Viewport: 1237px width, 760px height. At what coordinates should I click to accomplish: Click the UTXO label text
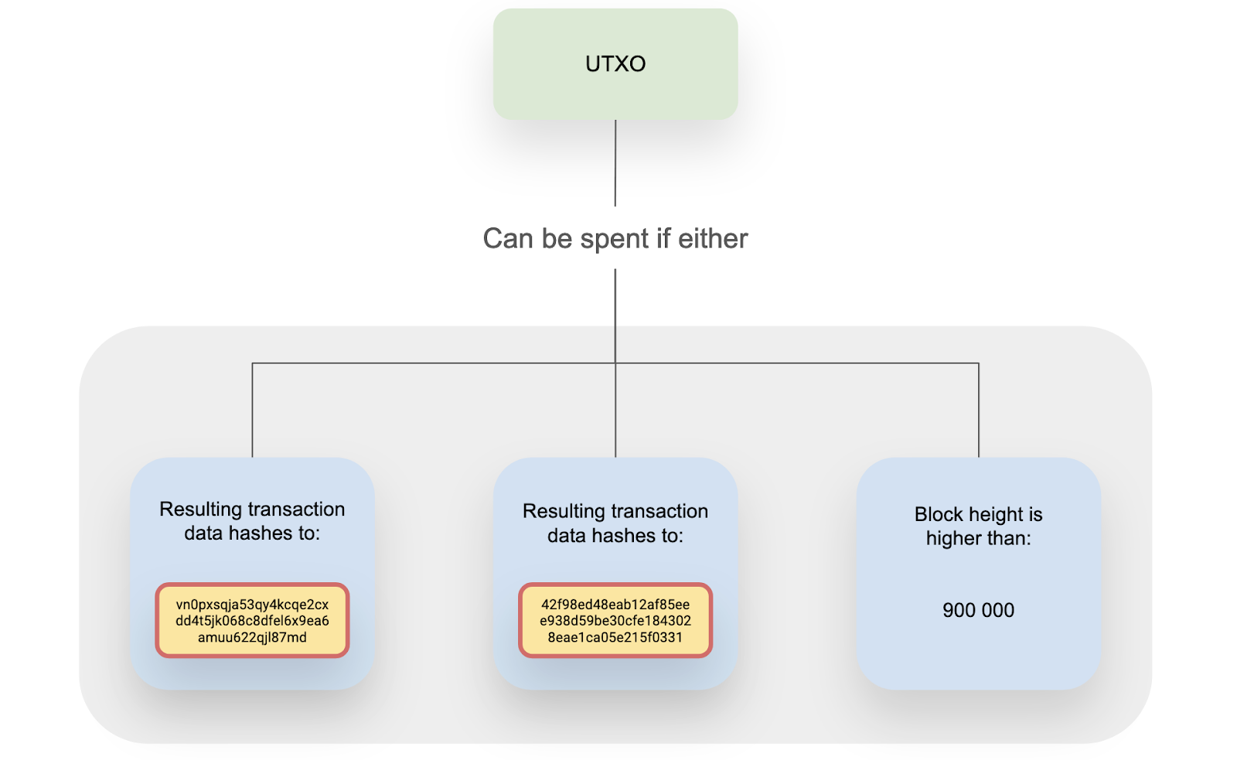(615, 64)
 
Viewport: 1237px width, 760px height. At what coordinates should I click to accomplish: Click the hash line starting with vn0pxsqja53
(252, 605)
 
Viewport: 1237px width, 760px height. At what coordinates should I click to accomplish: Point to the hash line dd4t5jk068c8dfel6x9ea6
(252, 621)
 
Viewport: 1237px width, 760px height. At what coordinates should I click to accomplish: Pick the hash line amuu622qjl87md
(252, 637)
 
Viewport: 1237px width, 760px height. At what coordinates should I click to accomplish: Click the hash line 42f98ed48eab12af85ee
(615, 605)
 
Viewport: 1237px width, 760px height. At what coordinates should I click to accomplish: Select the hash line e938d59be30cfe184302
(615, 621)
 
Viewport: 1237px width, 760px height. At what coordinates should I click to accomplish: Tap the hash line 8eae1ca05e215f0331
(615, 637)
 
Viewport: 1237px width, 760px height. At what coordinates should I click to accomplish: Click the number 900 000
(979, 610)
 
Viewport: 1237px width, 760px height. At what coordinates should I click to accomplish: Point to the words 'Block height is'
(979, 514)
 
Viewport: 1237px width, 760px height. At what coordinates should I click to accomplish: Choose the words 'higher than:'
(979, 539)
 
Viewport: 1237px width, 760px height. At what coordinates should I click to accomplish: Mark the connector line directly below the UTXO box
(615, 163)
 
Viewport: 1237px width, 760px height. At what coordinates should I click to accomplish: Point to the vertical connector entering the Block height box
(979, 411)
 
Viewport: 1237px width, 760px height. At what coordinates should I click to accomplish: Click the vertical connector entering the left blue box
(252, 411)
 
